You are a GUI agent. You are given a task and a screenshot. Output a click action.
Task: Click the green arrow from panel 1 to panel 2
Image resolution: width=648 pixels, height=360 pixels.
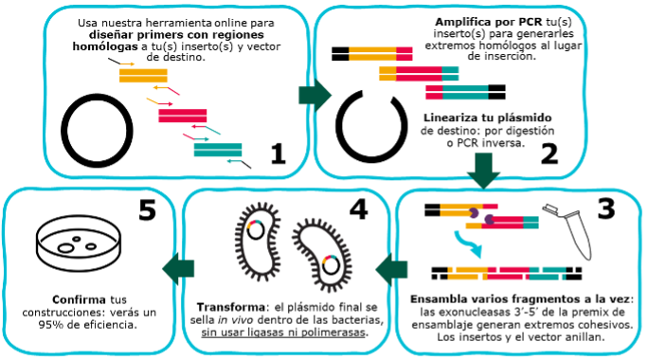click(x=311, y=92)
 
